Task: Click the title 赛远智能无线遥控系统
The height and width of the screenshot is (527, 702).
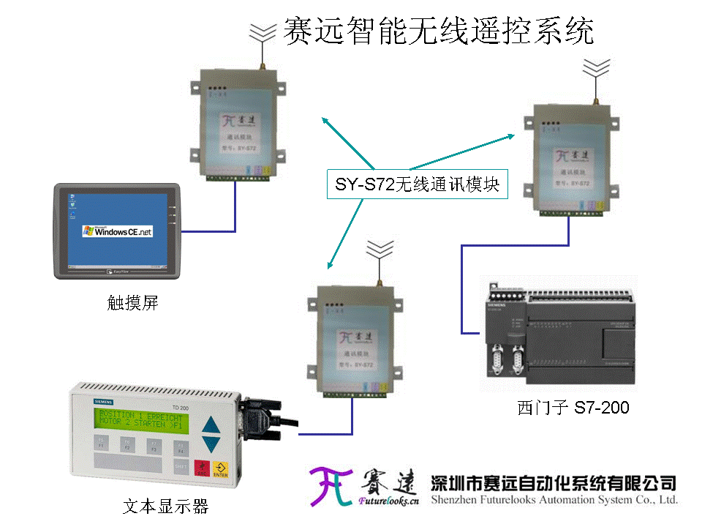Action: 437,31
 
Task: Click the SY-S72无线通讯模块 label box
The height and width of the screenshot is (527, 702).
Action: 417,184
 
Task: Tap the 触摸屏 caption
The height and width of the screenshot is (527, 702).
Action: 132,302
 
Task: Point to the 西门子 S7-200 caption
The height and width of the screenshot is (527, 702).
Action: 573,407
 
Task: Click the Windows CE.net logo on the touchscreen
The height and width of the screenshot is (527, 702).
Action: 118,231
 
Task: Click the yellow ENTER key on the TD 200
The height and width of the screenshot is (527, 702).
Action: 220,469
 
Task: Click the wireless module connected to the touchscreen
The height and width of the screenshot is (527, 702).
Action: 235,124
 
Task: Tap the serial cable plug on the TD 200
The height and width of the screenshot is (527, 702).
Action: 262,417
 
